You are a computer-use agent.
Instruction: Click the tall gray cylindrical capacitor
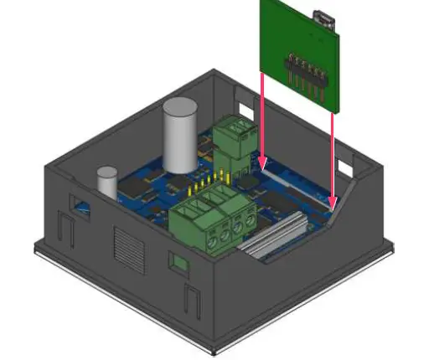[179, 136]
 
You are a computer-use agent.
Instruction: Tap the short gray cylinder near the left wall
[106, 183]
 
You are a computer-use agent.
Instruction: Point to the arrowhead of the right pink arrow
[334, 202]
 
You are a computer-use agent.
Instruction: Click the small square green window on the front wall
[178, 263]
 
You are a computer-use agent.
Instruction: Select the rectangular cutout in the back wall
[244, 107]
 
